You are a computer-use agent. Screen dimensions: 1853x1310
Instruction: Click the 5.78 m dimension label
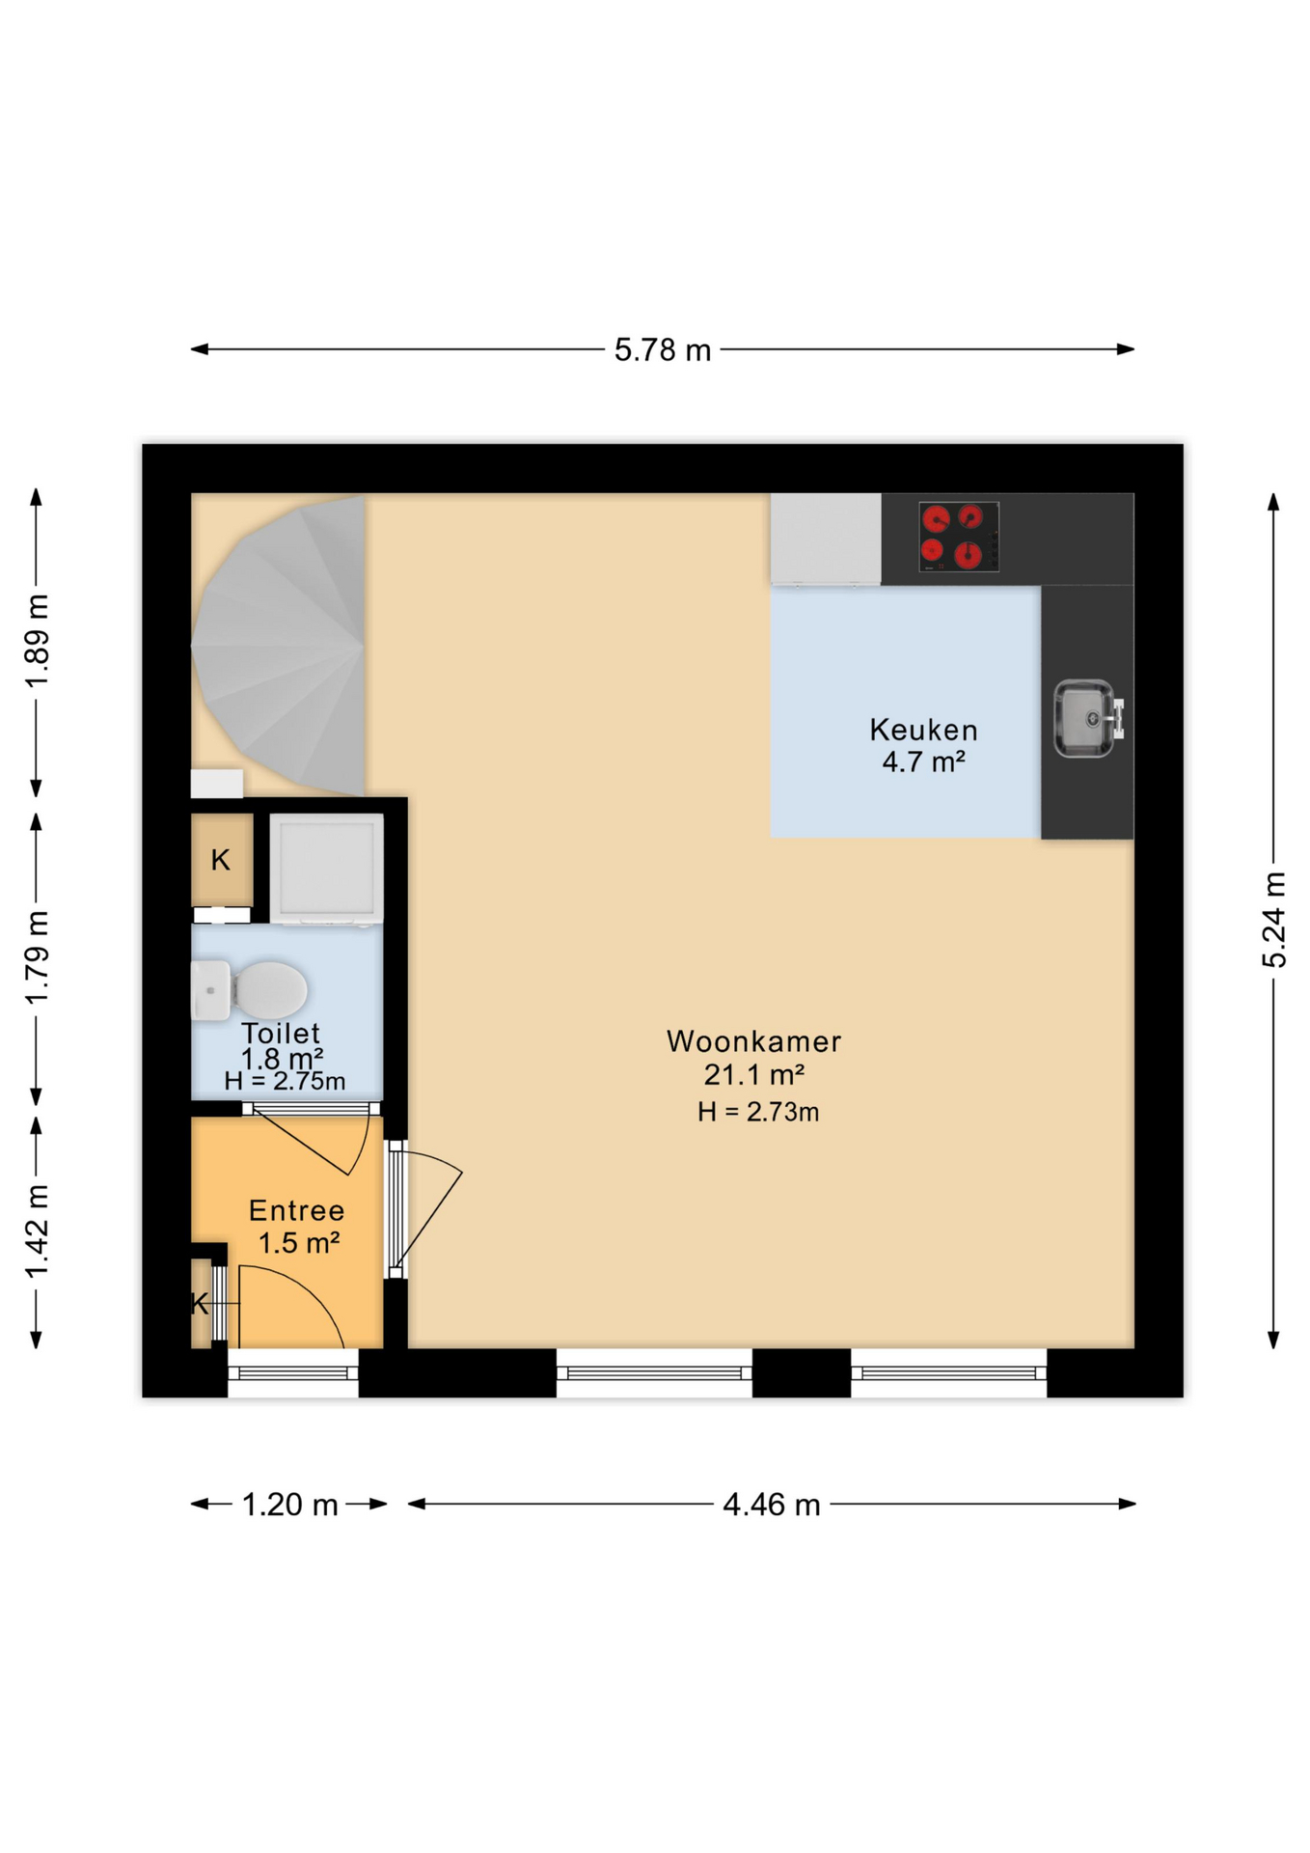point(662,349)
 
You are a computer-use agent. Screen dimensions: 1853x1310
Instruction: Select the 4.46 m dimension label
point(771,1504)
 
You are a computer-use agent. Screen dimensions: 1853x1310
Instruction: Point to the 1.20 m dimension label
point(289,1504)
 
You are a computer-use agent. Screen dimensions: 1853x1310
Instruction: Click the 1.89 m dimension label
point(37,641)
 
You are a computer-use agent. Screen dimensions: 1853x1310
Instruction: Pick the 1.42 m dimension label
point(37,1231)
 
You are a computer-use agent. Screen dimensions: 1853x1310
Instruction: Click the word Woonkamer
point(753,1041)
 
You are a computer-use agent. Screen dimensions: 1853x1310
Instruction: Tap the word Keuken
point(923,730)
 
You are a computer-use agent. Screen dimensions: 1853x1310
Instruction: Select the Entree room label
point(296,1210)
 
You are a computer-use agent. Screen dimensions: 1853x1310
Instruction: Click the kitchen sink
point(1086,718)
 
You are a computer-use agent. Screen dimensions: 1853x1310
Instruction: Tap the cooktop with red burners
point(958,537)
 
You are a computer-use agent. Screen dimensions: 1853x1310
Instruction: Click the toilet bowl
point(270,989)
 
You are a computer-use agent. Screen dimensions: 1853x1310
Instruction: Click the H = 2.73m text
point(758,1112)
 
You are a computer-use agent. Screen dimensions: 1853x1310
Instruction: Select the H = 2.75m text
point(285,1082)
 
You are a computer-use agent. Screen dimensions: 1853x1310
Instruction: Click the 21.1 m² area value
point(753,1074)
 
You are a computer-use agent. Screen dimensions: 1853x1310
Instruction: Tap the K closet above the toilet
point(221,859)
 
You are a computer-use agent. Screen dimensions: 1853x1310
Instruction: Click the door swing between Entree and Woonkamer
point(429,1206)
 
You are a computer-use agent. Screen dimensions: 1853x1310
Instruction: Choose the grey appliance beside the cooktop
point(826,538)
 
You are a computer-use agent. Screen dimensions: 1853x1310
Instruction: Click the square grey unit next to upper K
point(326,867)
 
